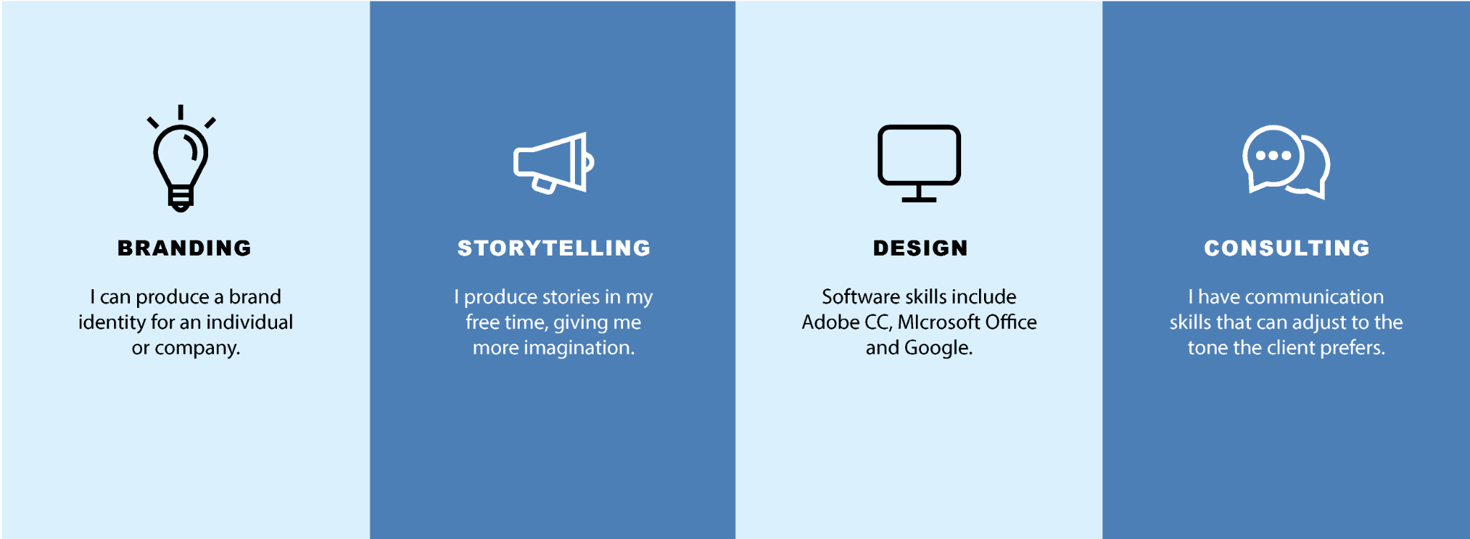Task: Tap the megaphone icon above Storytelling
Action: [553, 163]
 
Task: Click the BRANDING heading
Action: [184, 248]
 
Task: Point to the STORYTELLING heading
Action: [554, 248]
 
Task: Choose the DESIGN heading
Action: [920, 248]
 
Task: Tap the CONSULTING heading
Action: [1287, 248]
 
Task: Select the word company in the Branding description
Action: [197, 349]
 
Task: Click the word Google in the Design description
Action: [938, 348]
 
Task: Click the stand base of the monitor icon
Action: [919, 200]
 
